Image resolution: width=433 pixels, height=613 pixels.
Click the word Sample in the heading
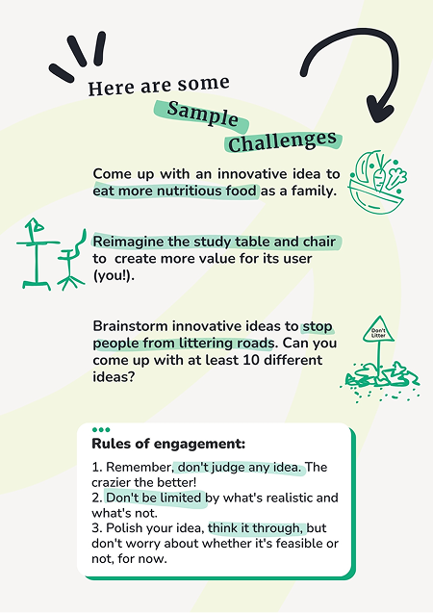(x=202, y=115)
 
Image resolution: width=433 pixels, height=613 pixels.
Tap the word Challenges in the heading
(x=282, y=141)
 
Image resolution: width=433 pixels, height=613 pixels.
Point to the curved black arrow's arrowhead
(x=380, y=110)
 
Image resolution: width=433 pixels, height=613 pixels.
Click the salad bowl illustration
(x=377, y=182)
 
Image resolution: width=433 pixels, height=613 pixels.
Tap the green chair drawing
(x=71, y=261)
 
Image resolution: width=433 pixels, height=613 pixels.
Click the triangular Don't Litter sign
(x=378, y=330)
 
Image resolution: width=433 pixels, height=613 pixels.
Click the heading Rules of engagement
(x=168, y=445)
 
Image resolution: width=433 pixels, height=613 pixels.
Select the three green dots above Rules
(x=101, y=429)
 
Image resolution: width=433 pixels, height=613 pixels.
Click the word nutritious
(x=190, y=192)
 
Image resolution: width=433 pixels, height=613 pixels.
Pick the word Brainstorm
(x=130, y=326)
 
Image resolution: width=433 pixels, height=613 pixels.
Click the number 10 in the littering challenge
(x=251, y=360)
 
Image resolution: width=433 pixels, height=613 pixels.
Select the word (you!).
(x=114, y=276)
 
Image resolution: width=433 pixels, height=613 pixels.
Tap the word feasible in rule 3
(x=301, y=544)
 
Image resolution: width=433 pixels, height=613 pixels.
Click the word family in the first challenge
(x=313, y=192)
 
